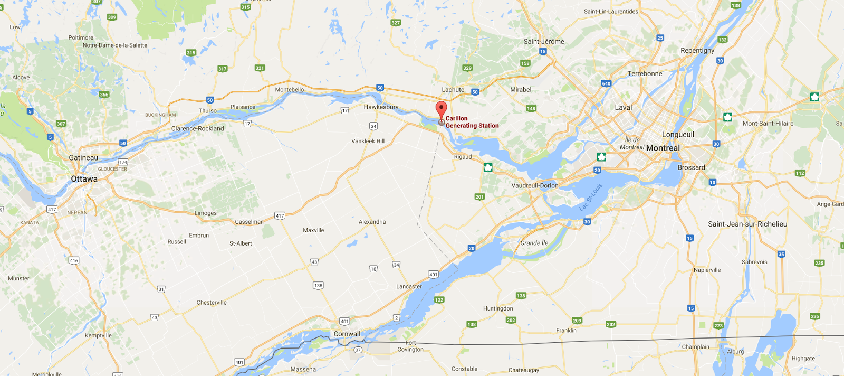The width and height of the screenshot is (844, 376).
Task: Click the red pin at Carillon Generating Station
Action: pyautogui.click(x=441, y=110)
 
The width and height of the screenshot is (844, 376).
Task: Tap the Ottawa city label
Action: pyautogui.click(x=84, y=179)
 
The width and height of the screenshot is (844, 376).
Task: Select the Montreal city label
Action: pyautogui.click(x=663, y=148)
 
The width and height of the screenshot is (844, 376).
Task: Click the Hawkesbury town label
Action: pyautogui.click(x=381, y=107)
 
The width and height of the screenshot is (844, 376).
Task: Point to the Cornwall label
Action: pyautogui.click(x=347, y=334)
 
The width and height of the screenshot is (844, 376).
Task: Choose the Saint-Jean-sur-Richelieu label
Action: pyautogui.click(x=747, y=224)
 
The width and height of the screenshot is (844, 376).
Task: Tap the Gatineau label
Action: pyautogui.click(x=83, y=158)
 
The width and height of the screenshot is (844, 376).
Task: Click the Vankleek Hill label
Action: pyautogui.click(x=368, y=141)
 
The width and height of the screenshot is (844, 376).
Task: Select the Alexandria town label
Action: pyautogui.click(x=372, y=222)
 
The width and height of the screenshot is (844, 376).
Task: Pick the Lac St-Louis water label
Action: pyautogui.click(x=591, y=198)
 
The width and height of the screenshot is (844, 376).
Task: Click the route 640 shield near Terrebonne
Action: pyautogui.click(x=606, y=83)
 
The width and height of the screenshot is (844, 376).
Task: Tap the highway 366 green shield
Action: pyautogui.click(x=104, y=95)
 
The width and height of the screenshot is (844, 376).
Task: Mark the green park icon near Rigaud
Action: pyautogui.click(x=488, y=167)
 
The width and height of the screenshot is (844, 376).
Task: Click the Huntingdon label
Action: pyautogui.click(x=498, y=308)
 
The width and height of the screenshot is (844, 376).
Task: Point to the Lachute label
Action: pyautogui.click(x=453, y=90)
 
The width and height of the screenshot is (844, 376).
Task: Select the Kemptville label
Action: pyautogui.click(x=98, y=335)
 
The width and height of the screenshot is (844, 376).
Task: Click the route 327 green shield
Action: pyautogui.click(x=396, y=23)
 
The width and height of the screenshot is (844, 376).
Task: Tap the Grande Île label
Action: pyautogui.click(x=534, y=243)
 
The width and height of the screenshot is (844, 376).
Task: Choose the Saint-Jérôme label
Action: pyautogui.click(x=544, y=42)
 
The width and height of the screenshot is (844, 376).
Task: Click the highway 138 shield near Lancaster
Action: pyautogui.click(x=318, y=286)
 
